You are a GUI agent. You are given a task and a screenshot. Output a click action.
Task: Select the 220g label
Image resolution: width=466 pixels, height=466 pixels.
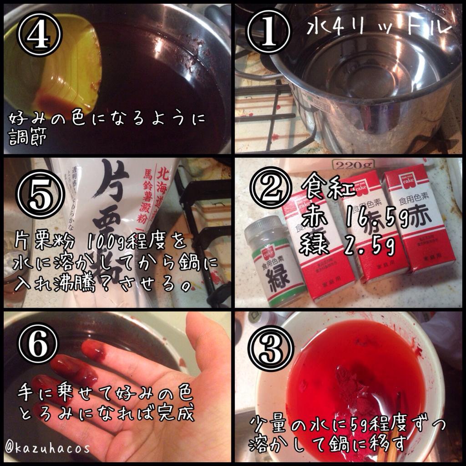pos(353,164)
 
